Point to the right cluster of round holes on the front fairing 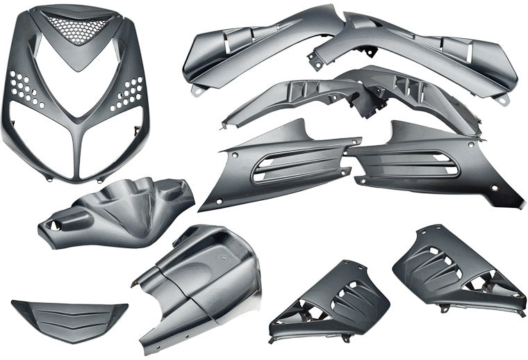coord(130,92)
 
